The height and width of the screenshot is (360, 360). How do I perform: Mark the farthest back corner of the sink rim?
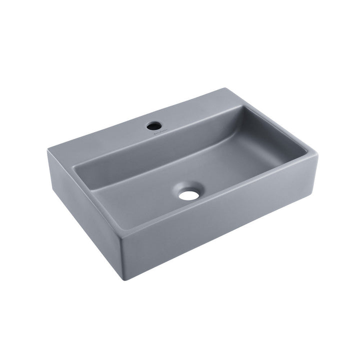click(226, 89)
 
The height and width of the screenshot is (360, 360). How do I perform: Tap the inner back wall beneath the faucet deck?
click(150, 150)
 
